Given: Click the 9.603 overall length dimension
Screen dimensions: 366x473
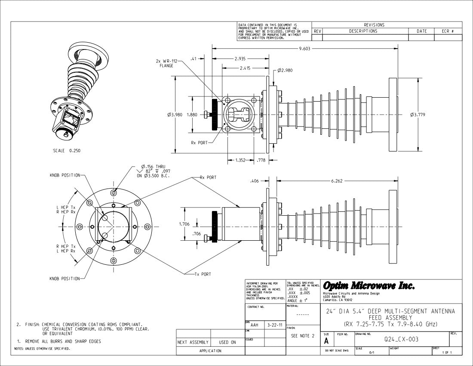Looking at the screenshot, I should coord(304,49).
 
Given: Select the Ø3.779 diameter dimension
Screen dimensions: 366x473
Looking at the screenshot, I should coord(418,115).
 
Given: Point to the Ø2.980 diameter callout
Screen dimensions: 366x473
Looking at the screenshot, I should coord(285,70).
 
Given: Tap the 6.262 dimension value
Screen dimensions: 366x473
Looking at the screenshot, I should coord(337,181).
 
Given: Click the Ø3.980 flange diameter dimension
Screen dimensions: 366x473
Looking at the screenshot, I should coord(175,115).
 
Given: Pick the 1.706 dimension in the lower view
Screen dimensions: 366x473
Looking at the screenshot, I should coord(184,224).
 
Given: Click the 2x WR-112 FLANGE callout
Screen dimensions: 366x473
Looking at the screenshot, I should coord(166,63).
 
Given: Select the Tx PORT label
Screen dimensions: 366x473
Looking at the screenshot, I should coord(203,274).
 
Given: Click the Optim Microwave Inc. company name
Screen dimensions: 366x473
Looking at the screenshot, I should coord(369,286).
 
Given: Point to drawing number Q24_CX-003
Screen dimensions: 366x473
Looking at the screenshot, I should coord(401,339).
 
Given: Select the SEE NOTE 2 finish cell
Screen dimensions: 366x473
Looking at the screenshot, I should coord(303,335).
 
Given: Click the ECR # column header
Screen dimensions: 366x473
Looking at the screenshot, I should coord(448,31).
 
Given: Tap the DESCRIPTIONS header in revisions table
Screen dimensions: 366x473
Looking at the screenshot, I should coord(363,31).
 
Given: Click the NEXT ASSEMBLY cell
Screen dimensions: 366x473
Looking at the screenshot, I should coord(193,343).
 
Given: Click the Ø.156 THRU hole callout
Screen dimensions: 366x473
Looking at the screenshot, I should coord(153,167).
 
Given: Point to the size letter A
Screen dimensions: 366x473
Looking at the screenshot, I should coord(327,341).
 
